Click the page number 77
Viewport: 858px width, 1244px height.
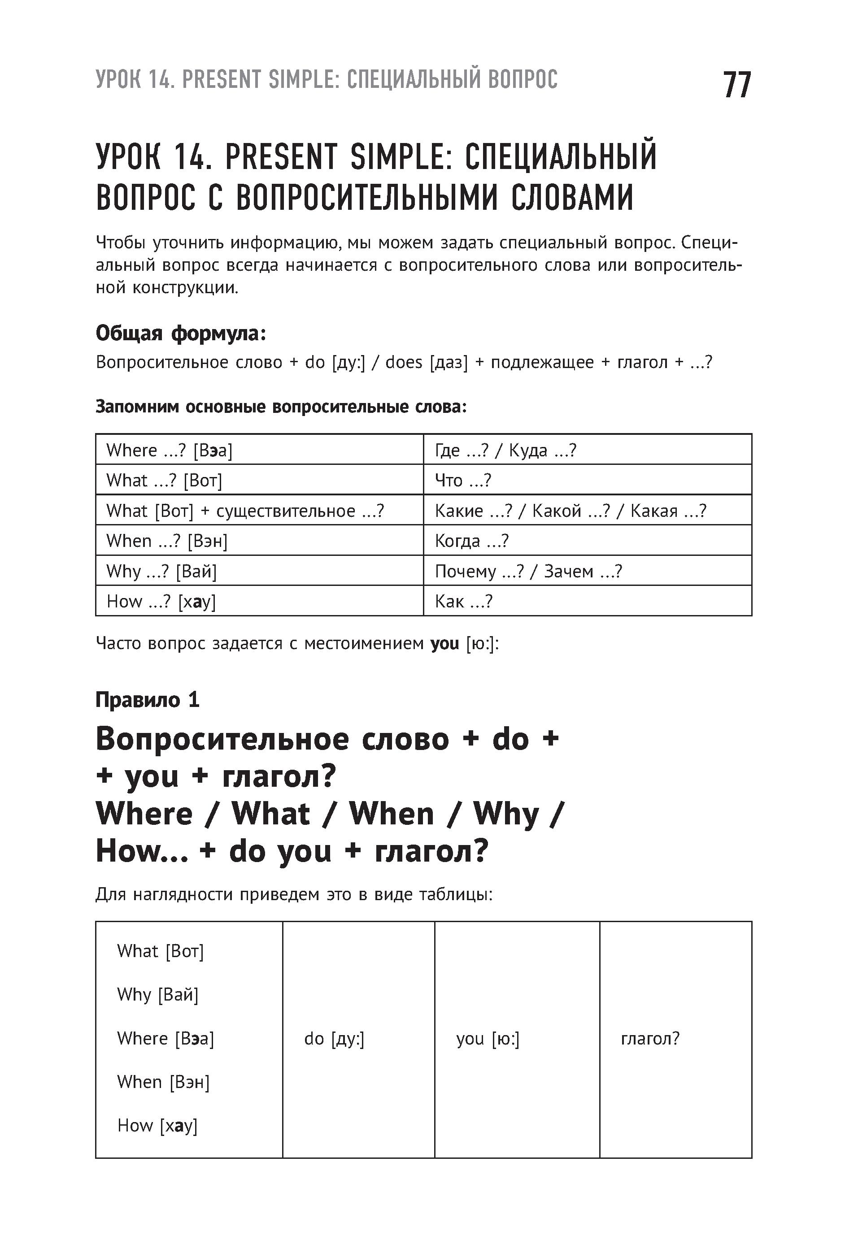click(x=736, y=85)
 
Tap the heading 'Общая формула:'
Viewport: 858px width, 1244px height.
click(x=181, y=334)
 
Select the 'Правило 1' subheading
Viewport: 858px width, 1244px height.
click(x=147, y=700)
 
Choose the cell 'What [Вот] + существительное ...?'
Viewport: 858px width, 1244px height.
click(x=245, y=511)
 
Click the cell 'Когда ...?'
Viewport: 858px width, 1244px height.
click(x=471, y=541)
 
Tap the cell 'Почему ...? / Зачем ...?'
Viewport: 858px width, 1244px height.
click(x=528, y=571)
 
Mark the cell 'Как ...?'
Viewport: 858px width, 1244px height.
click(x=463, y=601)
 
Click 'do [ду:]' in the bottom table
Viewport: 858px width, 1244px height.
click(x=334, y=1039)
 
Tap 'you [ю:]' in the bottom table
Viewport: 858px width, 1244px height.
click(x=488, y=1039)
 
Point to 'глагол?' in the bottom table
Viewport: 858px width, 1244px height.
click(x=650, y=1039)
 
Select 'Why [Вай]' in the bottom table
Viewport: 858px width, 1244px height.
click(x=157, y=995)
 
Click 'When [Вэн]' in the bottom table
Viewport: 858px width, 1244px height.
click(x=163, y=1082)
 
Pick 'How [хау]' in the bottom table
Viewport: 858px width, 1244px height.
click(x=157, y=1125)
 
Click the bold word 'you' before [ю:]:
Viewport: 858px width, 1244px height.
click(x=444, y=643)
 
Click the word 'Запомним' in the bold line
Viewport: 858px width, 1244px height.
click(x=137, y=407)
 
